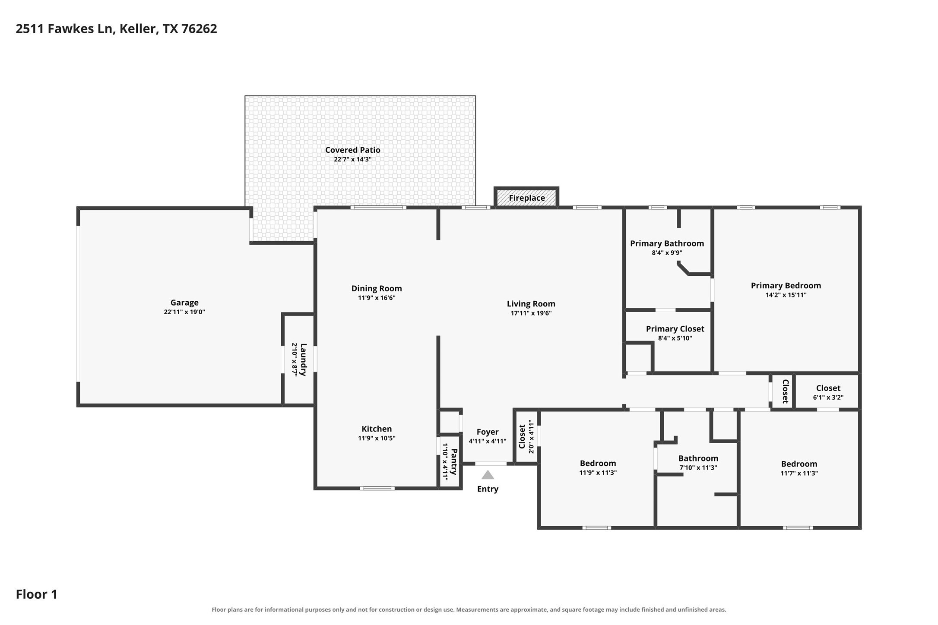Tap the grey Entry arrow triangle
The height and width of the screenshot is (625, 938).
tap(488, 475)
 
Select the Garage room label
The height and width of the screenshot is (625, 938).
tap(184, 303)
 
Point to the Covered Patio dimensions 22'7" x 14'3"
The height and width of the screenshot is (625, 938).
tap(353, 159)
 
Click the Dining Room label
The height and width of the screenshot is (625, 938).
tap(377, 288)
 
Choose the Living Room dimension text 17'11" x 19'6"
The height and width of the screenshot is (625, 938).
tap(531, 313)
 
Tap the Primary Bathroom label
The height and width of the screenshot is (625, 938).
tap(667, 243)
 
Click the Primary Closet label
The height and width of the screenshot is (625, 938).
tap(675, 329)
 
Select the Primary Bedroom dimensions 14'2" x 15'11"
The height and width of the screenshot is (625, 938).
tap(786, 295)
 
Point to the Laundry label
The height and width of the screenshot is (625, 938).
tap(303, 360)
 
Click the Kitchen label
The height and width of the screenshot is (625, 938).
tap(377, 429)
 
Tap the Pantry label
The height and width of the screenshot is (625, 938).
tap(454, 461)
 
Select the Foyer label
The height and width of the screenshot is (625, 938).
tap(488, 432)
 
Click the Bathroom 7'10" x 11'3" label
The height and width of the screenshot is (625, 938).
tap(698, 458)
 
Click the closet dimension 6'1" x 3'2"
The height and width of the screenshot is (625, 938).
tap(828, 398)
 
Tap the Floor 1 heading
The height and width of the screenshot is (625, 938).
tap(37, 594)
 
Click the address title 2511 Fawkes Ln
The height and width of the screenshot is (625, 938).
tap(64, 29)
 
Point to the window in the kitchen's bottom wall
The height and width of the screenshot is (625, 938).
tap(377, 488)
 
